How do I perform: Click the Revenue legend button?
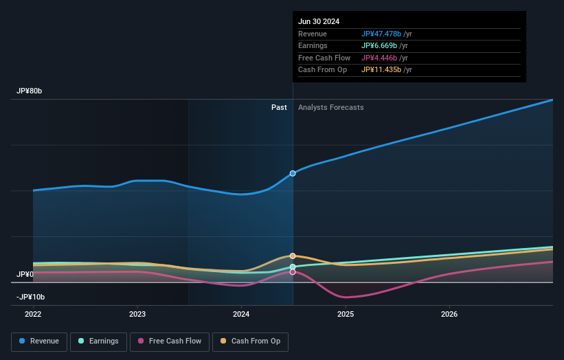coord(39,341)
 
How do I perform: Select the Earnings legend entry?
coord(99,341)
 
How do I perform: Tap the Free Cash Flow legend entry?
coord(170,341)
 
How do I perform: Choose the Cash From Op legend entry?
coord(251,341)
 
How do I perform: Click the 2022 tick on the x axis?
coord(33,314)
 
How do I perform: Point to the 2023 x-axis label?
coord(137,314)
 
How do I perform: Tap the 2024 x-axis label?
coord(241,314)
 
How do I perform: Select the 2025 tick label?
coord(346,314)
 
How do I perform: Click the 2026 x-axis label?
coord(449,314)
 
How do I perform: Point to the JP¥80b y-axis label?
coord(30,91)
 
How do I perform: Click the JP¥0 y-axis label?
coord(25,274)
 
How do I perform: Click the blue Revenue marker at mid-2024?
coord(293,173)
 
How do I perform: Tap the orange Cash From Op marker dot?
coord(293,256)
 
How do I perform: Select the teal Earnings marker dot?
coord(293,267)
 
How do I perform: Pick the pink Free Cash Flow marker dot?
coord(293,272)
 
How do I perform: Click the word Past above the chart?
coord(279,107)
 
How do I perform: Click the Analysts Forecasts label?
coord(330,107)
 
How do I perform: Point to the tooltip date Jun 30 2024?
coord(319,22)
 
